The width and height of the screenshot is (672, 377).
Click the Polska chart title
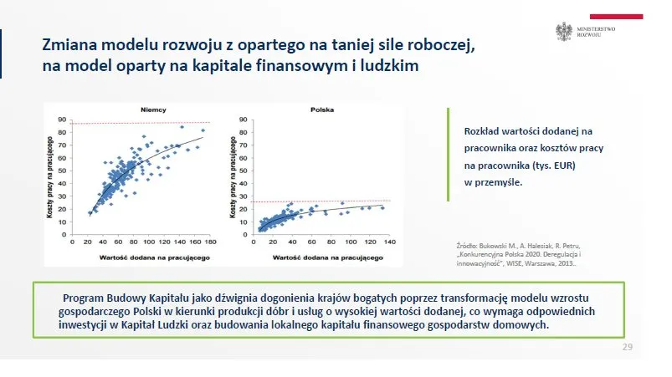[x=322, y=110]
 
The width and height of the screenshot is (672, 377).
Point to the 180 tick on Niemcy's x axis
[x=209, y=242]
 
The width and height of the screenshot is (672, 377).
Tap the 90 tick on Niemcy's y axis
[x=62, y=120]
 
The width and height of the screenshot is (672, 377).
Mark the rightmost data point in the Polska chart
[x=382, y=207]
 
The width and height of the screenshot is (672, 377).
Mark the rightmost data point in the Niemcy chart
[x=203, y=130]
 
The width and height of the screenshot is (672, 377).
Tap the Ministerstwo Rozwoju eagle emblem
[x=562, y=33]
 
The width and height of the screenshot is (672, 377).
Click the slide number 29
[x=628, y=346]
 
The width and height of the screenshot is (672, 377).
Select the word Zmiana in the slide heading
[x=71, y=47]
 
